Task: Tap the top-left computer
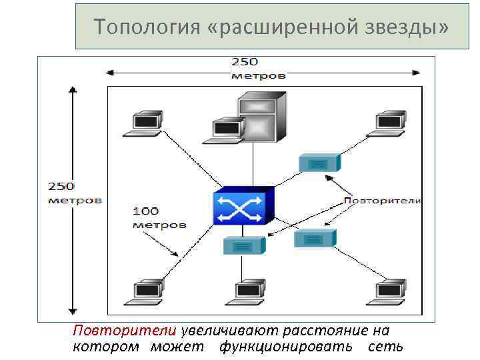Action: (147, 124)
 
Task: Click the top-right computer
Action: (389, 124)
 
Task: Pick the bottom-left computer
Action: (147, 293)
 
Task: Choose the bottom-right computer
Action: (389, 293)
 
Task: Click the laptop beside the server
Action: (226, 129)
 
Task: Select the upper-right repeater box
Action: (319, 163)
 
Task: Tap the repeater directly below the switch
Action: (243, 245)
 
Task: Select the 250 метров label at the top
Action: (258, 68)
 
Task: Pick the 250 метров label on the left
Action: (74, 193)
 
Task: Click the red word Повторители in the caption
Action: (125, 331)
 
